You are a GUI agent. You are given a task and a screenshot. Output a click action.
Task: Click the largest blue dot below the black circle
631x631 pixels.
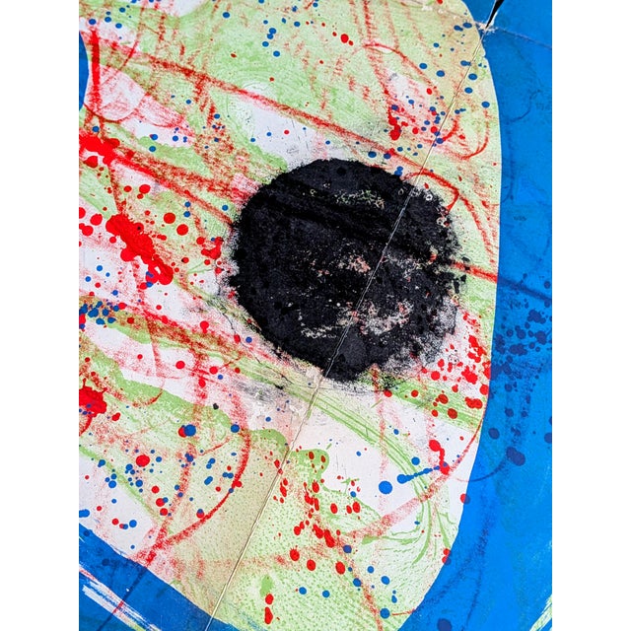point(385,487)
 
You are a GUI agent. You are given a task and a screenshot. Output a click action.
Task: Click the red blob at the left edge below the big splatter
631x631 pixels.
point(91,399)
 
